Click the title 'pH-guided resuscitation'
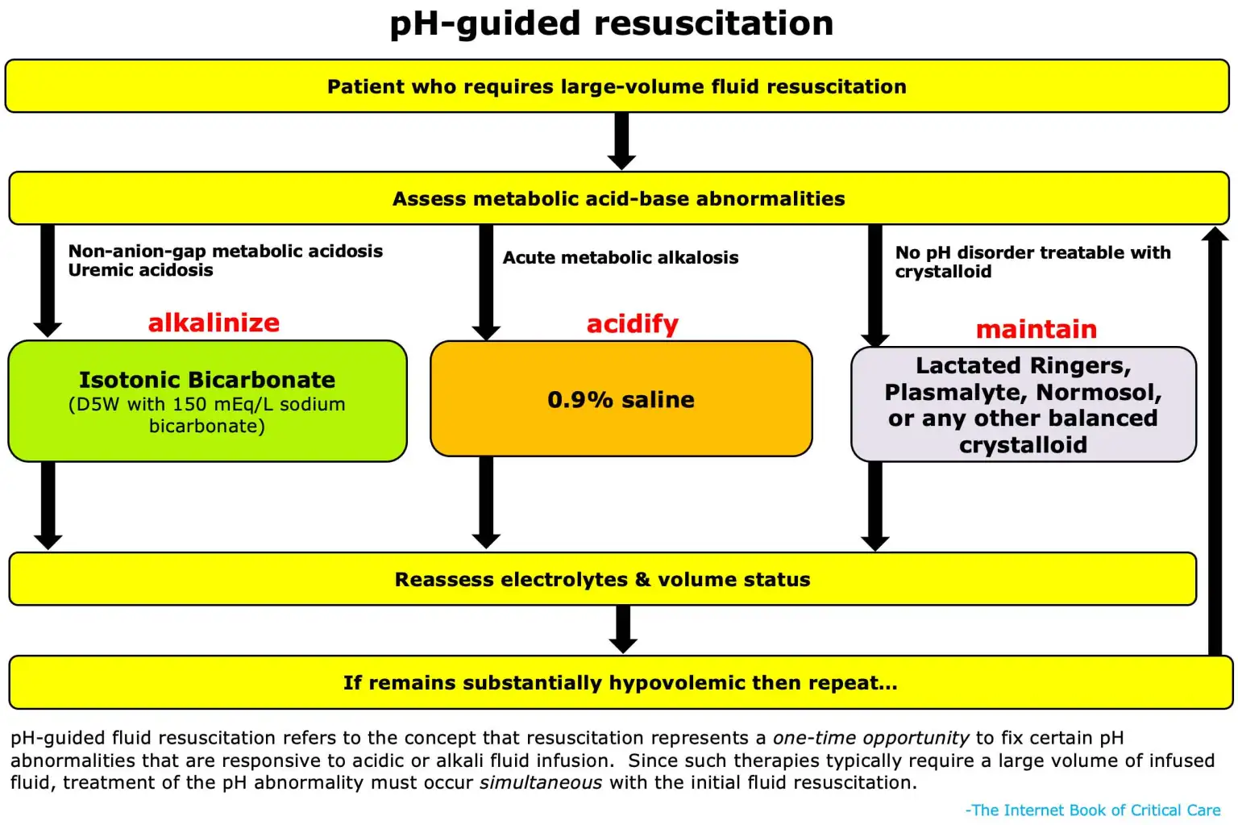[x=611, y=24]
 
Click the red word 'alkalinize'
[x=214, y=323]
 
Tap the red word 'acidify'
[x=632, y=324]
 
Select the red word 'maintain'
[x=1036, y=329]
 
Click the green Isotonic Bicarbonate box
[x=207, y=401]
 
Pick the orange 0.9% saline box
[x=621, y=399]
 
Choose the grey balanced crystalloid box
[x=1023, y=405]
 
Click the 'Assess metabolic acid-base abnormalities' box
[x=618, y=198]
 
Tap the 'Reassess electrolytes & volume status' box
[x=602, y=579]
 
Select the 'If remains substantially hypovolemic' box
[x=620, y=682]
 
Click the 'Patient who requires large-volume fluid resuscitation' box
[x=617, y=86]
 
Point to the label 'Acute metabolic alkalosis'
[x=620, y=258]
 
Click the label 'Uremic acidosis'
[x=140, y=271]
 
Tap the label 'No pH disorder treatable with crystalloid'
[x=1032, y=262]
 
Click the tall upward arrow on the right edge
[x=1215, y=444]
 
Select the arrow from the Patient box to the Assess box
[x=621, y=141]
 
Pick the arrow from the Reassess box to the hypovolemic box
[x=622, y=629]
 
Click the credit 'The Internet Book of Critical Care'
[x=1095, y=810]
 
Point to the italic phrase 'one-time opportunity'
[x=870, y=738]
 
